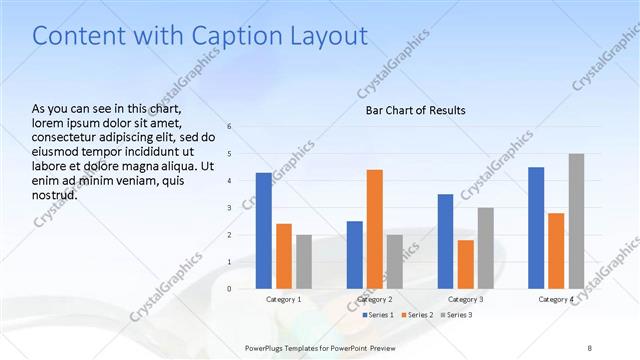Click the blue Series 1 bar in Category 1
point(263,230)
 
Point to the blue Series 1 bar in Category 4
point(536,227)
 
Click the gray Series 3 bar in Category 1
point(304,261)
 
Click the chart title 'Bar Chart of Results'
point(415,110)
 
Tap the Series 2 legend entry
point(416,315)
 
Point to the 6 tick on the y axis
point(229,126)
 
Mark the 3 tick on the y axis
point(229,208)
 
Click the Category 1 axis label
point(284,299)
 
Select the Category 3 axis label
point(466,299)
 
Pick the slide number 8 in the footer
point(590,347)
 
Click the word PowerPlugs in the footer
point(266,347)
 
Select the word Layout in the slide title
point(326,36)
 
